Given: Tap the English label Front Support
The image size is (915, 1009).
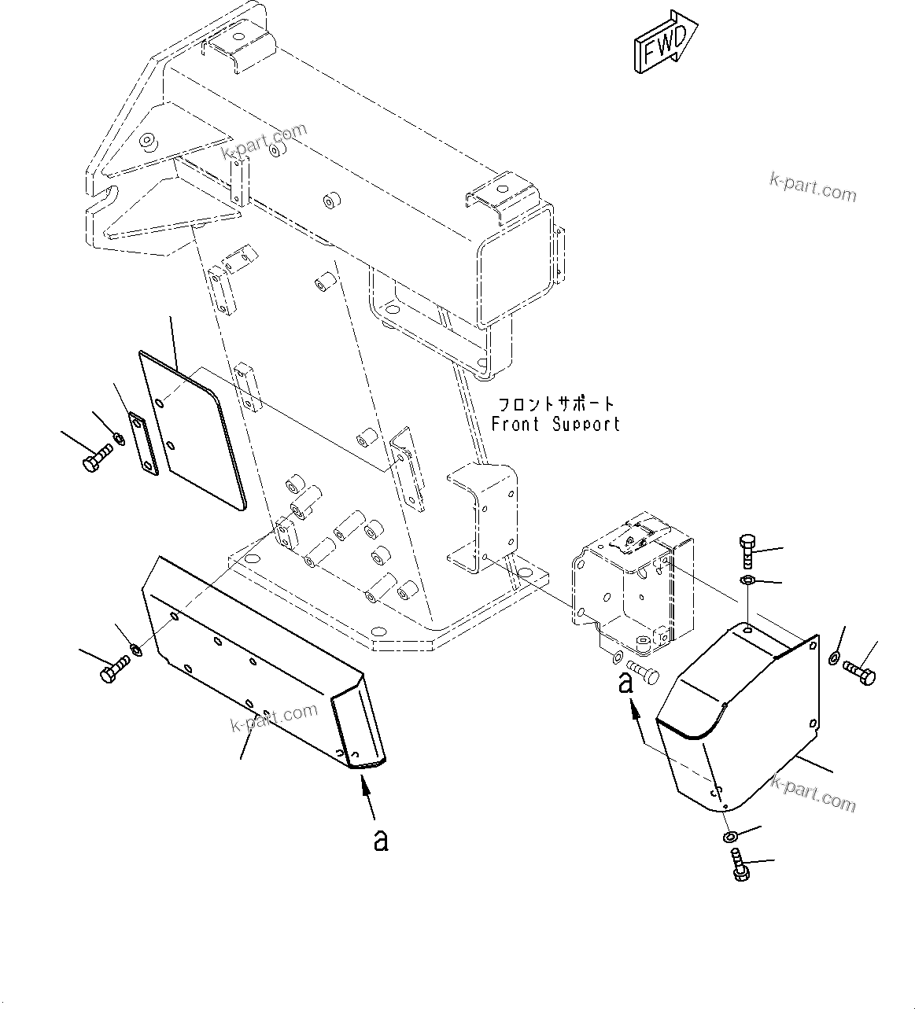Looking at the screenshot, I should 555,425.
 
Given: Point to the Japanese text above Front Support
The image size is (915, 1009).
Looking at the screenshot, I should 555,404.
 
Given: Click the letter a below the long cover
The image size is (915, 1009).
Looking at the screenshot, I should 381,840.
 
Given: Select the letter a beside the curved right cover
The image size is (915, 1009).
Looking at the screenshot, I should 625,683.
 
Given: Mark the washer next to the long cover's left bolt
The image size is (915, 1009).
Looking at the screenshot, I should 136,650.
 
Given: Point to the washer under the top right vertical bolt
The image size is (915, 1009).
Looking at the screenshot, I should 747,581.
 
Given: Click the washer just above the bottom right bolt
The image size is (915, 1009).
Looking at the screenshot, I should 732,837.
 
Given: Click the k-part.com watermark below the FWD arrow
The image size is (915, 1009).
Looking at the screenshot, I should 813,190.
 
